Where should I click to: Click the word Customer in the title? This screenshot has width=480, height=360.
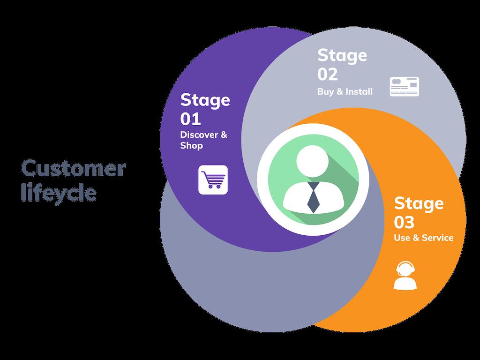tap(74, 168)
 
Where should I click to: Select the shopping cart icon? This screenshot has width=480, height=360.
tap(213, 180)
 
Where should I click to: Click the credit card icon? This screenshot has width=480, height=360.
tap(405, 87)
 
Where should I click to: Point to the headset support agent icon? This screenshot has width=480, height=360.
tap(405, 275)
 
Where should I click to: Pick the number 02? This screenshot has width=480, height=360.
tap(328, 75)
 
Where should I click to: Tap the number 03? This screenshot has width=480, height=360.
tap(404, 222)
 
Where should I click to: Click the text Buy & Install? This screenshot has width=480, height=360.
tap(345, 91)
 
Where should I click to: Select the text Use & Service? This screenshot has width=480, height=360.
tap(424, 238)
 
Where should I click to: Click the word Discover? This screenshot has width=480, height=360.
tap(199, 135)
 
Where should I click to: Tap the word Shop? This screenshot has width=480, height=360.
tap(192, 146)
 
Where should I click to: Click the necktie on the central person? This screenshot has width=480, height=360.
tap(313, 197)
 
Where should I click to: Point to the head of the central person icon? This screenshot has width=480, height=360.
tap(313, 161)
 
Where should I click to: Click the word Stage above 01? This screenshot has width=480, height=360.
tap(205, 100)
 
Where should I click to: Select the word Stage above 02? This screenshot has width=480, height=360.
tap(342, 56)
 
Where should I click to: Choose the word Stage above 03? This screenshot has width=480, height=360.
tap(419, 204)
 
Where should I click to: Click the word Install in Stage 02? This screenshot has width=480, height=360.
tap(359, 91)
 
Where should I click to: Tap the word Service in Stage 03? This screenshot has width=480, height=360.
tap(438, 238)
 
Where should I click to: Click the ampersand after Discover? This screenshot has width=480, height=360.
tap(224, 135)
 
